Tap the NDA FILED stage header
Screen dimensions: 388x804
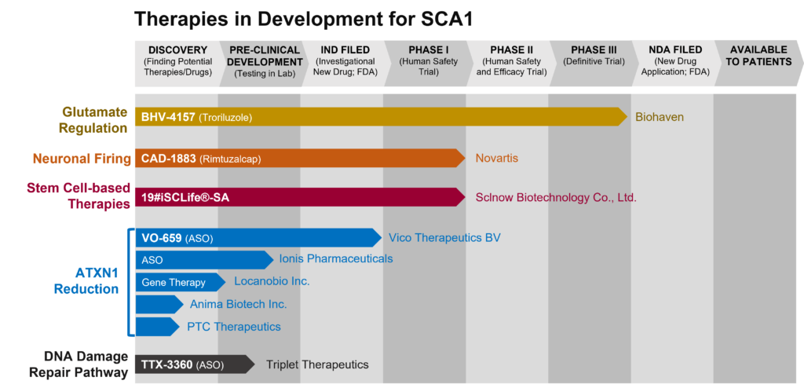pyautogui.click(x=675, y=50)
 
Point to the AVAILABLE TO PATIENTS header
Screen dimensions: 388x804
pyautogui.click(x=758, y=56)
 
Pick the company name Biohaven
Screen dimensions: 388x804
pyautogui.click(x=660, y=118)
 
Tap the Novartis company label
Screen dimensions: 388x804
pyautogui.click(x=496, y=159)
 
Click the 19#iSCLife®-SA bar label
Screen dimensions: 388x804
pyautogui.click(x=185, y=198)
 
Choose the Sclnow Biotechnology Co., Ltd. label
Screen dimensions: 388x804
pyautogui.click(x=556, y=198)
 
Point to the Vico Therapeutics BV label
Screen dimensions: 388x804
pyautogui.click(x=444, y=238)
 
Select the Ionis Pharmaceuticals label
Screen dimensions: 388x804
pyautogui.click(x=336, y=258)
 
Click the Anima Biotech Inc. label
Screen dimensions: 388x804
pyautogui.click(x=238, y=305)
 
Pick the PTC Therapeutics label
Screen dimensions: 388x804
pyautogui.click(x=233, y=327)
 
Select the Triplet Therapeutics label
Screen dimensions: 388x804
pyautogui.click(x=317, y=364)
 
